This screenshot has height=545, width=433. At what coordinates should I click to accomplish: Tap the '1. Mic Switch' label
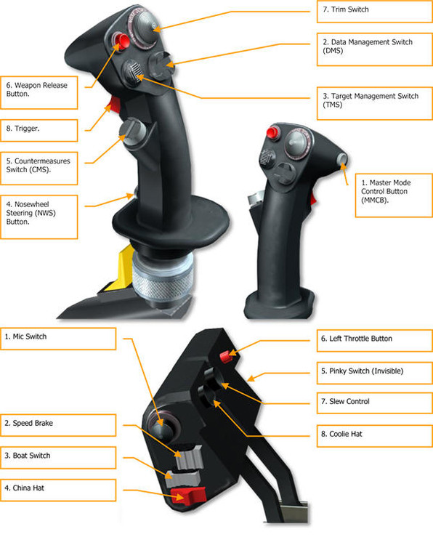(58, 338)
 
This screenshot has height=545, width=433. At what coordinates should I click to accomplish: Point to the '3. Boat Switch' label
(58, 456)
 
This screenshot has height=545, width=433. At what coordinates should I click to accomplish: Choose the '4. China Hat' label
(58, 489)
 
